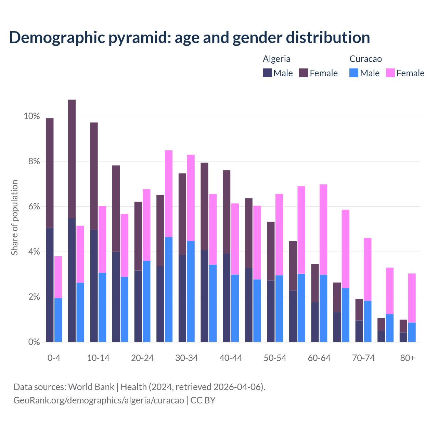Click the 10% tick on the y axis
[32, 116]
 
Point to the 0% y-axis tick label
[34, 342]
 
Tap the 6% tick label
[34, 207]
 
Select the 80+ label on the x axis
[407, 358]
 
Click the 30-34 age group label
[186, 358]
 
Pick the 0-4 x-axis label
[54, 358]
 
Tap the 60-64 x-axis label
[319, 358]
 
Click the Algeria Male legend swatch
[267, 73]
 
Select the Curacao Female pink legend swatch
[390, 73]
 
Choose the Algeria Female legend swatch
[304, 73]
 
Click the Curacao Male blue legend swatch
[354, 73]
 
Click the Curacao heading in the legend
[365, 59]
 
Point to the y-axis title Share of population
[14, 218]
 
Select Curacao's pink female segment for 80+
[412, 298]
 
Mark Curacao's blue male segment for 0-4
[58, 320]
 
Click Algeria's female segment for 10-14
[94, 176]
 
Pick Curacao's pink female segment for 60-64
[323, 230]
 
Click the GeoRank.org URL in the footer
[99, 400]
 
